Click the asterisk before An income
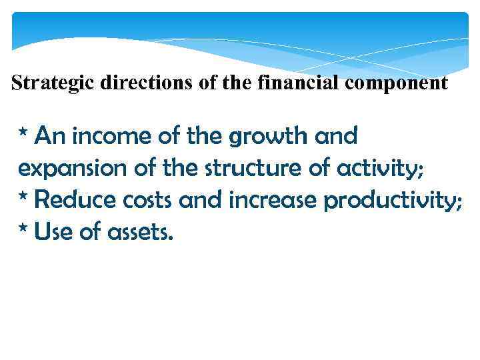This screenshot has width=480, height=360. tap(23, 133)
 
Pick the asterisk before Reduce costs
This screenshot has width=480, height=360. tap(23, 196)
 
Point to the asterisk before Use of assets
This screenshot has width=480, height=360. tap(23, 228)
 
